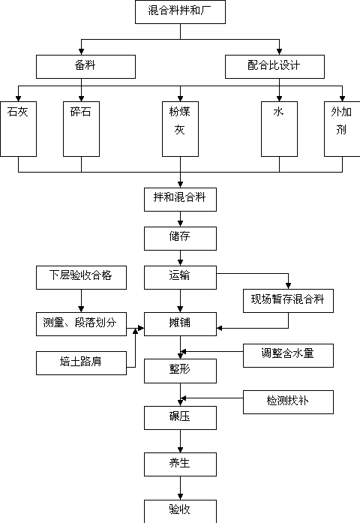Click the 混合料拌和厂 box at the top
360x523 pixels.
click(x=180, y=12)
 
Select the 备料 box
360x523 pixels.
click(x=85, y=67)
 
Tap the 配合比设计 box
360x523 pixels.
click(x=274, y=67)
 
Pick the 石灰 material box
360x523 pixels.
click(x=18, y=129)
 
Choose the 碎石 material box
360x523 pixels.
click(x=81, y=129)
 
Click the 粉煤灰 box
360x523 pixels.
click(x=180, y=129)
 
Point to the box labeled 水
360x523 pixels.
click(x=279, y=129)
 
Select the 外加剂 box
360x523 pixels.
click(x=342, y=129)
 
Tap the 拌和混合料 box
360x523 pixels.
click(x=180, y=200)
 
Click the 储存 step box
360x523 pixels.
click(x=180, y=239)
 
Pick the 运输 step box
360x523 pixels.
click(x=180, y=278)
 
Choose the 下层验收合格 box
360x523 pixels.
click(x=81, y=278)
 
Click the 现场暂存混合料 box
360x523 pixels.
click(x=288, y=301)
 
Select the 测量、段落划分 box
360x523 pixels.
click(x=81, y=324)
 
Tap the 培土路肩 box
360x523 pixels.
click(x=81, y=363)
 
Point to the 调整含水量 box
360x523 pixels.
click(x=288, y=356)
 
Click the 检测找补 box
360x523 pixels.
click(x=288, y=402)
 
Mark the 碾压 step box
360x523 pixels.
click(x=180, y=418)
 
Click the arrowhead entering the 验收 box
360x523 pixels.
click(x=180, y=496)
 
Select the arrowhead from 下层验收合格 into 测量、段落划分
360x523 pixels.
click(x=81, y=309)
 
